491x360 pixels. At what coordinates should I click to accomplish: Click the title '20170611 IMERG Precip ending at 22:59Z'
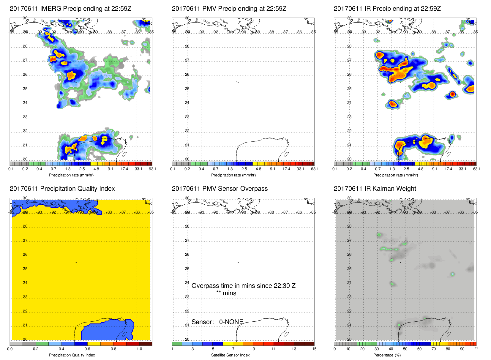[x=70, y=9]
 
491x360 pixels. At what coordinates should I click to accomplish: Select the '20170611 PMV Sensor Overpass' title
[x=220, y=189]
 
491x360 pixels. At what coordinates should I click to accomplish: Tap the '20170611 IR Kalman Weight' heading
[x=375, y=189]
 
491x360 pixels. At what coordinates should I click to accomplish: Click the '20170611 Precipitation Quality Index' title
[x=62, y=189]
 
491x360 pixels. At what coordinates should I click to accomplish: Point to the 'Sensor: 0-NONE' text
[x=217, y=322]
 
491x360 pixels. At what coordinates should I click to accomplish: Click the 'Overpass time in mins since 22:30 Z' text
[x=243, y=286]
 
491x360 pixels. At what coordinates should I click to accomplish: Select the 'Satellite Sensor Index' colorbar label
[x=230, y=355]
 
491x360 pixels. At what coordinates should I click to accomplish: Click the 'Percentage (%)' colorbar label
[x=387, y=355]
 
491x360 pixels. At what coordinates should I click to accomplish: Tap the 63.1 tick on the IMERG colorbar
[x=152, y=169]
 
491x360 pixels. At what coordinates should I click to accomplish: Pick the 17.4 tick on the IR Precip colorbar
[x=448, y=169]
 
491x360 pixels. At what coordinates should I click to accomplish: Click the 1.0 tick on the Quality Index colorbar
[x=139, y=349]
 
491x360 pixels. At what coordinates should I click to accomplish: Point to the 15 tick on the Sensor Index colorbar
[x=314, y=349]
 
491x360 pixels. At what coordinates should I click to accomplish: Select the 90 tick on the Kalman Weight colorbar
[x=462, y=349]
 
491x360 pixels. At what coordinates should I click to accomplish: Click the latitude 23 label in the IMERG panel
[x=25, y=117]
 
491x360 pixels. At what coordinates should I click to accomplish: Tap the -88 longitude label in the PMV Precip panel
[x=271, y=32]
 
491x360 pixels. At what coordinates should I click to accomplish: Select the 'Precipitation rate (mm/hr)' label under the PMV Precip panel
[x=233, y=175]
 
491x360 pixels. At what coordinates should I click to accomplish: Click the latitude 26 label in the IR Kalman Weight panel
[x=349, y=255]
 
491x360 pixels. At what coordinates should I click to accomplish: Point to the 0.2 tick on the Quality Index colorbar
[x=36, y=349]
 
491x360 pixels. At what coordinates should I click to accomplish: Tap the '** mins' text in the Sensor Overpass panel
[x=226, y=293]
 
